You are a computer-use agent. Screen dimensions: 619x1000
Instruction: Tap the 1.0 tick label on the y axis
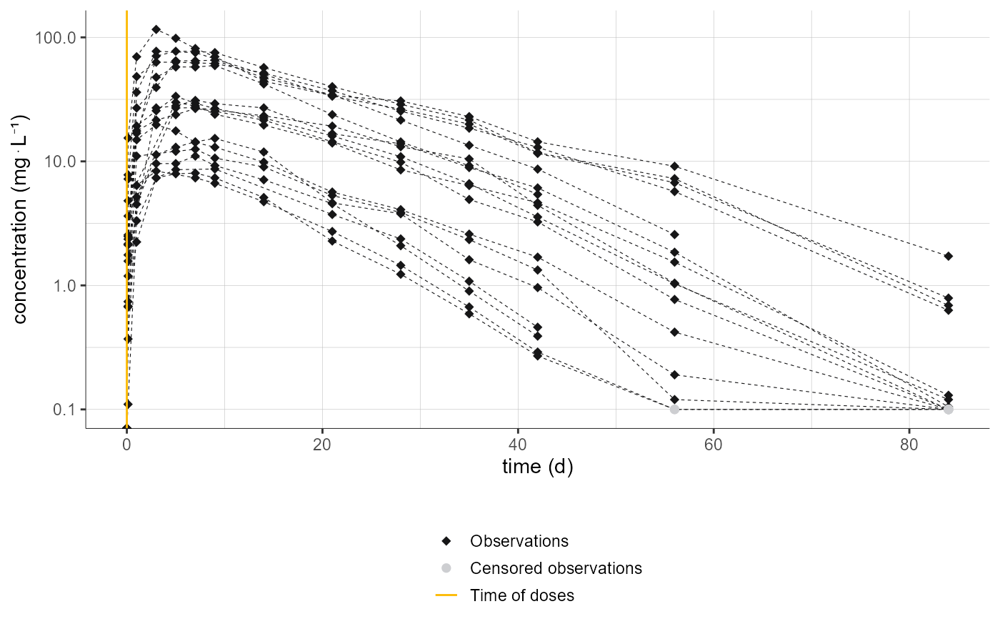pos(66,285)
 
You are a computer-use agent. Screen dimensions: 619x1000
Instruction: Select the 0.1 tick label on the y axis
pos(66,410)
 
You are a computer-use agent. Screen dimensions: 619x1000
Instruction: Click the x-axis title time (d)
pos(537,467)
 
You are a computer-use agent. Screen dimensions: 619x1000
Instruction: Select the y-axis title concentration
pos(21,219)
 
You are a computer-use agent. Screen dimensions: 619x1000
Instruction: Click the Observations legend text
pos(519,541)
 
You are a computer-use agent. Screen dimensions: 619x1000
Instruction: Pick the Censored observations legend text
pos(556,568)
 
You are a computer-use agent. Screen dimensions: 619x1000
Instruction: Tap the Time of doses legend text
pos(521,595)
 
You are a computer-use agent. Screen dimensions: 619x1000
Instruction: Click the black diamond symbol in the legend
pos(446,541)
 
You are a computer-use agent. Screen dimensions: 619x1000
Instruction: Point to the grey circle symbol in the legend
pos(446,568)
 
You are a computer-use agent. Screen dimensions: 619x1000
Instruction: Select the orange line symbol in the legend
pos(446,595)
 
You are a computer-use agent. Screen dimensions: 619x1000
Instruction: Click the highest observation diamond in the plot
pos(156,29)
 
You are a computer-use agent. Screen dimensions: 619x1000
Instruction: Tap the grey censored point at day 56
pos(674,410)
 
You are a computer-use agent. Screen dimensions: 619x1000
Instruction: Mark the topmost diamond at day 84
pos(948,256)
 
